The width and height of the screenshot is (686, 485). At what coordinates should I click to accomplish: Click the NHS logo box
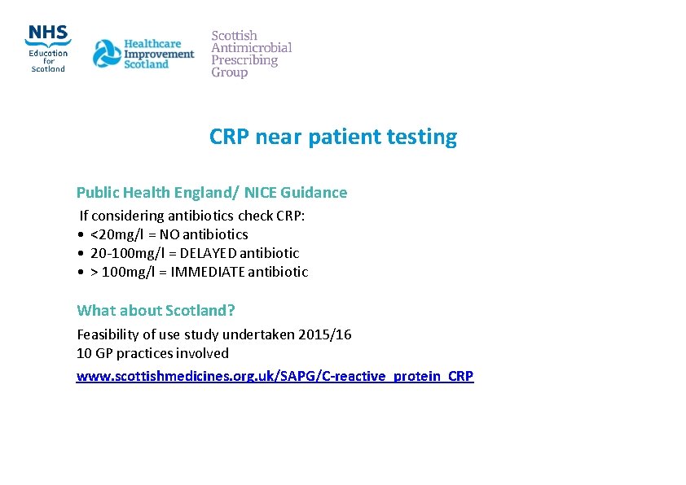[48, 33]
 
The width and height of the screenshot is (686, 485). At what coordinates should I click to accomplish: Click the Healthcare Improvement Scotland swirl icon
[106, 55]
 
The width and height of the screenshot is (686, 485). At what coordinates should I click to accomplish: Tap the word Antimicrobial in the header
[251, 48]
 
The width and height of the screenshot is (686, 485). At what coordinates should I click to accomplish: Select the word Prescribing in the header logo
[244, 60]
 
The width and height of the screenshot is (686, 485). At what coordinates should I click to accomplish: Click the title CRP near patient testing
[333, 137]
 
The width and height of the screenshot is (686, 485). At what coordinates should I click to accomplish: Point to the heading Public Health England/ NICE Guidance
[211, 193]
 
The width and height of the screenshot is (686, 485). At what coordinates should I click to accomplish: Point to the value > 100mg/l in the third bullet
[121, 272]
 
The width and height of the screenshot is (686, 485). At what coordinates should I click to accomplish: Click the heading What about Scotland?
[156, 310]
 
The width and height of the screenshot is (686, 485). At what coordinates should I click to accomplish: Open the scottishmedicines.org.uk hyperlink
[275, 376]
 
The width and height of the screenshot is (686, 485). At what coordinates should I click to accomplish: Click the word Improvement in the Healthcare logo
[159, 55]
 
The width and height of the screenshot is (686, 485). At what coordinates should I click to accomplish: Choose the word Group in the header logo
[229, 72]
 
